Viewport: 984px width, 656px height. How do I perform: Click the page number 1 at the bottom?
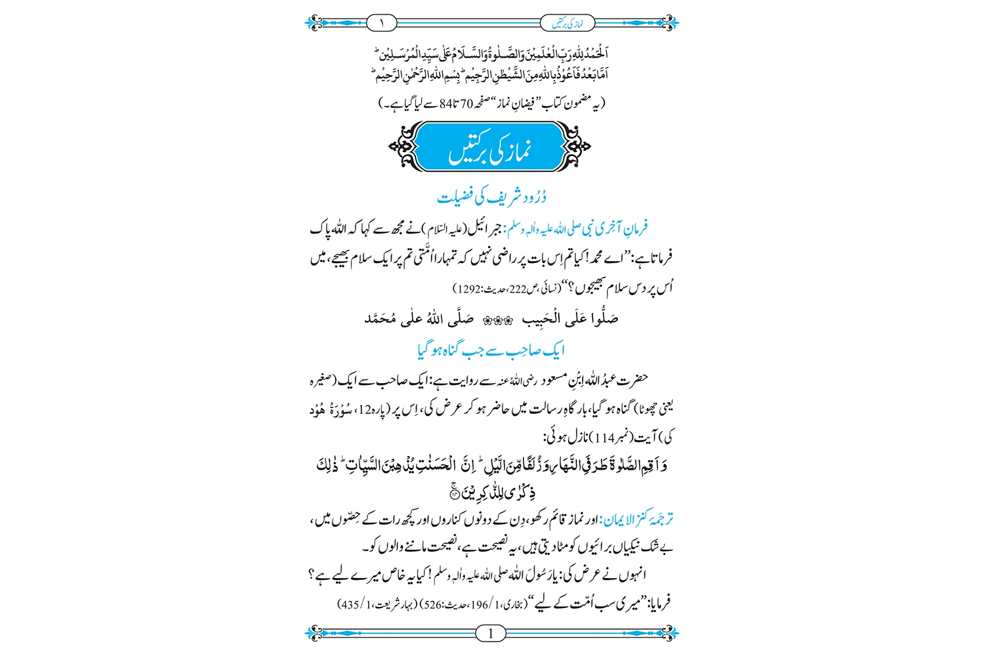coord(491,634)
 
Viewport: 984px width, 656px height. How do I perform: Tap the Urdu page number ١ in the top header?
coord(382,24)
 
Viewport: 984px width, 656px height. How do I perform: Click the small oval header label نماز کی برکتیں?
coord(568,24)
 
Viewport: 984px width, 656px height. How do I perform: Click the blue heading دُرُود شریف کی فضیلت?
coord(491,196)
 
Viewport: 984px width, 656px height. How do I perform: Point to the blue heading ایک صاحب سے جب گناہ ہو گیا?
coord(491,350)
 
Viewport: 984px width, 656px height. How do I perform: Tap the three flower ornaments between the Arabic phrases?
coord(497,320)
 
